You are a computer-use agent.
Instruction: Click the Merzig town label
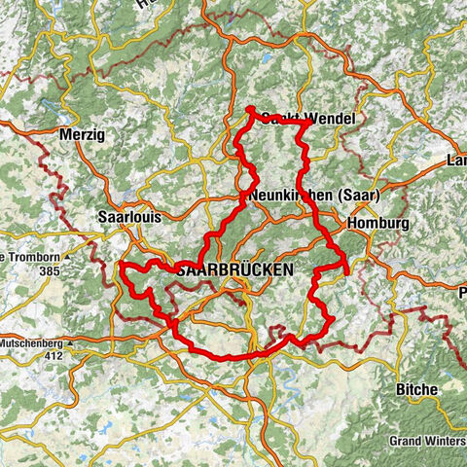click(82, 134)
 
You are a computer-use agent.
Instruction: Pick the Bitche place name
click(416, 389)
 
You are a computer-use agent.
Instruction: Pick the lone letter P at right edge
click(461, 290)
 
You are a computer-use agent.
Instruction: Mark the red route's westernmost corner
click(121, 265)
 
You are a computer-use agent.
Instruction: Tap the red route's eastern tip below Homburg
click(347, 271)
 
